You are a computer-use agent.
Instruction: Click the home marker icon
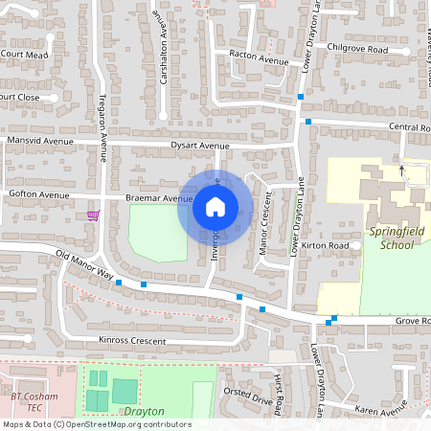point(215,206)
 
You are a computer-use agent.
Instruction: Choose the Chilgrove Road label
point(356,49)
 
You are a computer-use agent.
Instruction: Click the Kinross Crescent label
point(132,340)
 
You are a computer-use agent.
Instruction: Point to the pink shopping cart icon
point(93,215)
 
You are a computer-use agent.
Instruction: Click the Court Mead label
point(24,55)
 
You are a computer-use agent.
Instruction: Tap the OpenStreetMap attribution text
point(96,424)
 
